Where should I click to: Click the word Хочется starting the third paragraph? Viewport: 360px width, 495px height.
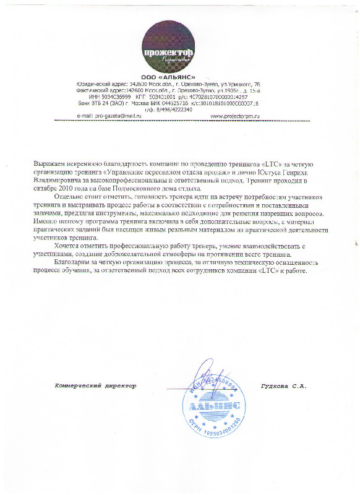pos(67,246)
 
